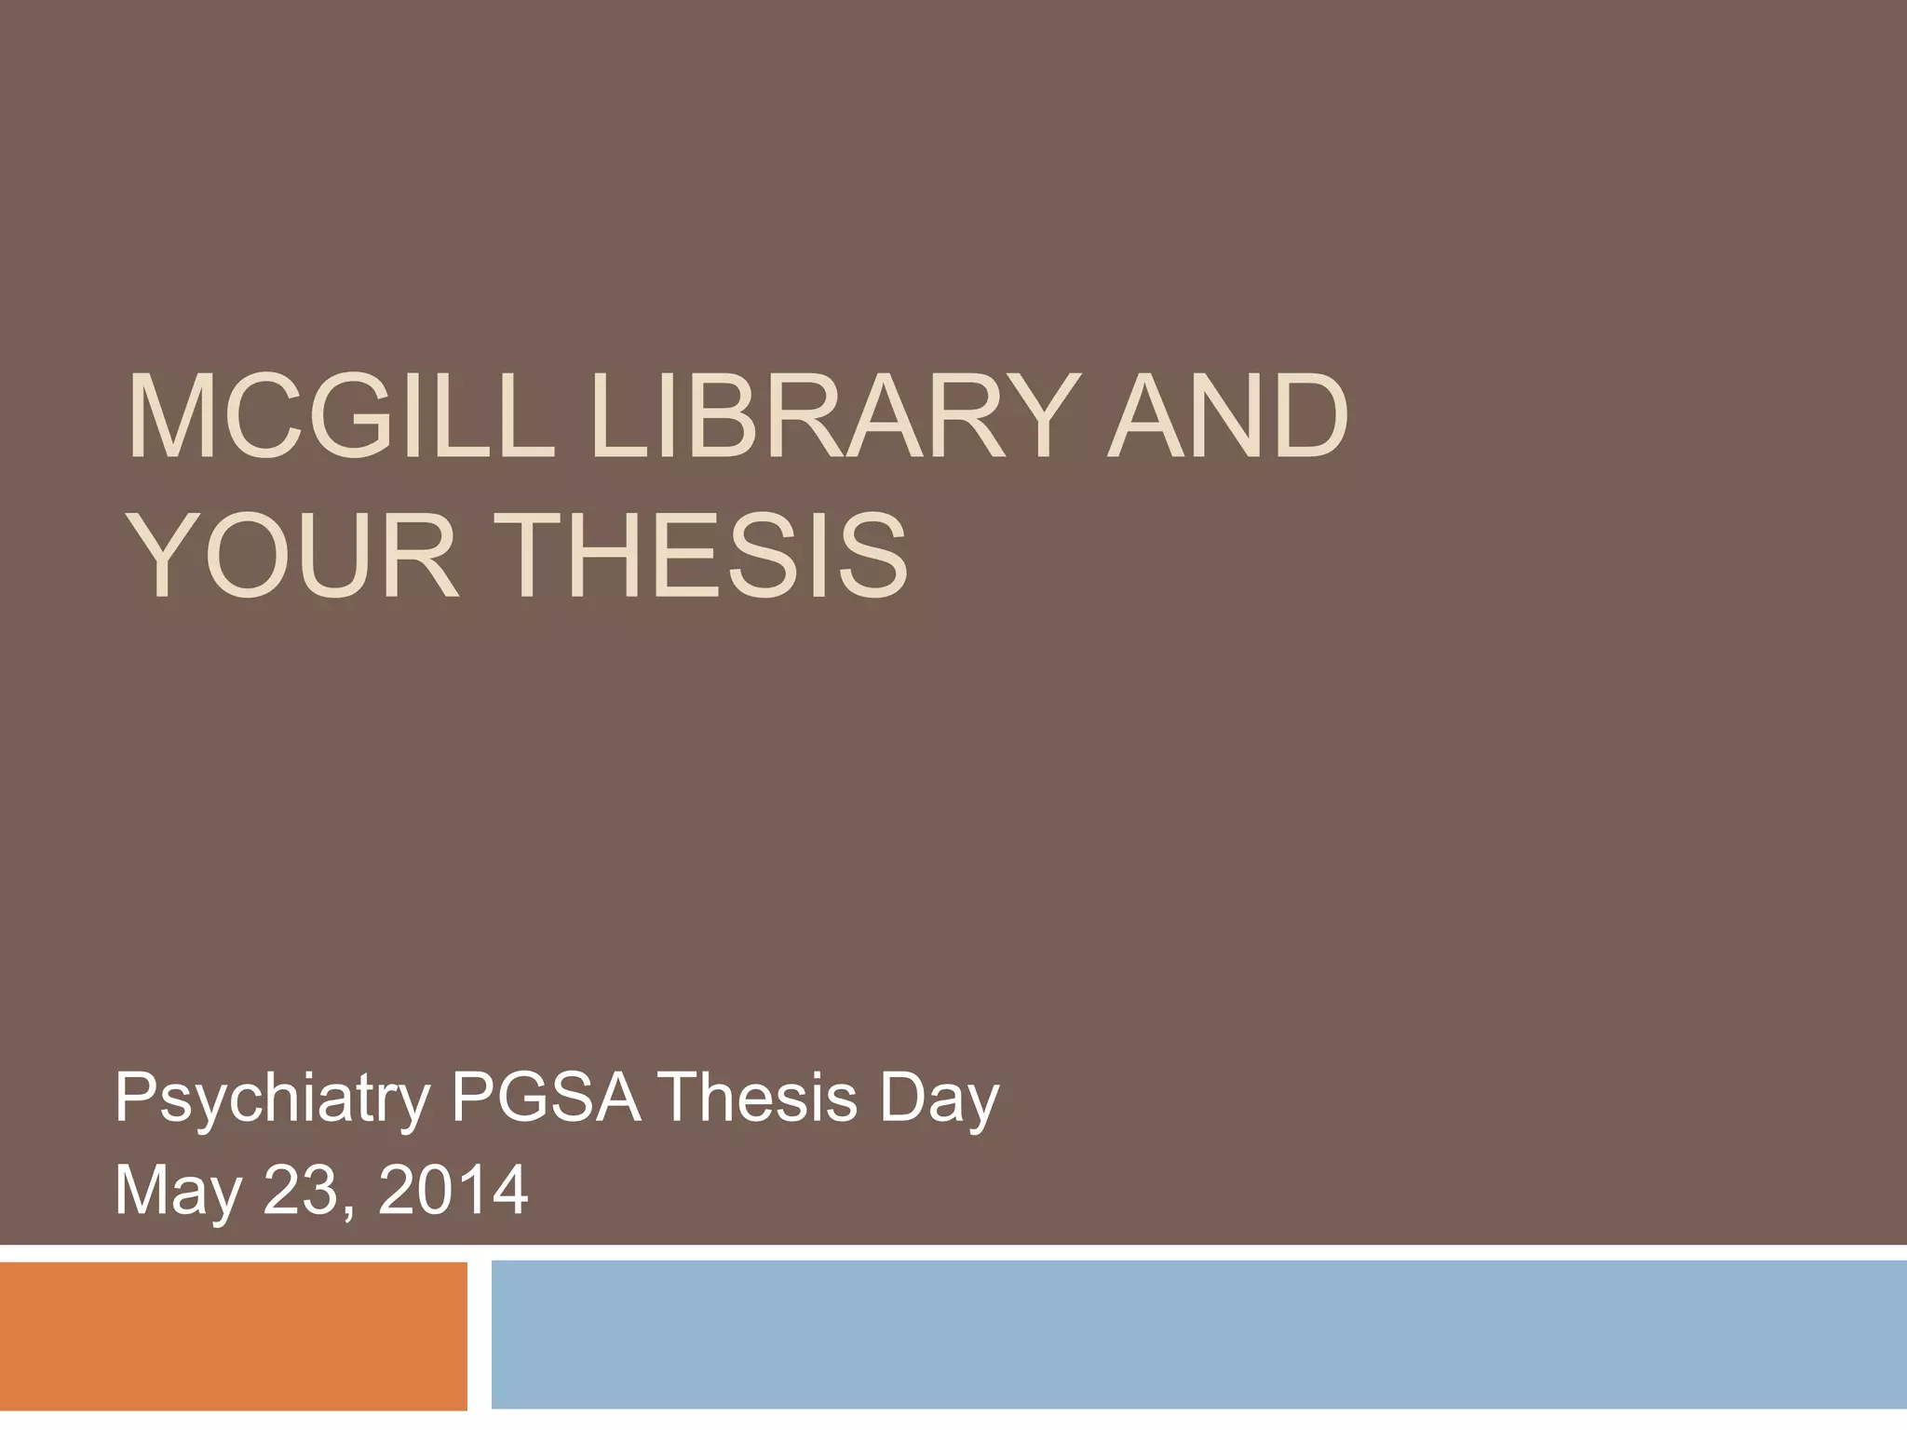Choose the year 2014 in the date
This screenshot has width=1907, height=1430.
[453, 1191]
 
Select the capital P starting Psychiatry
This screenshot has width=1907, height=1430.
[134, 1099]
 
